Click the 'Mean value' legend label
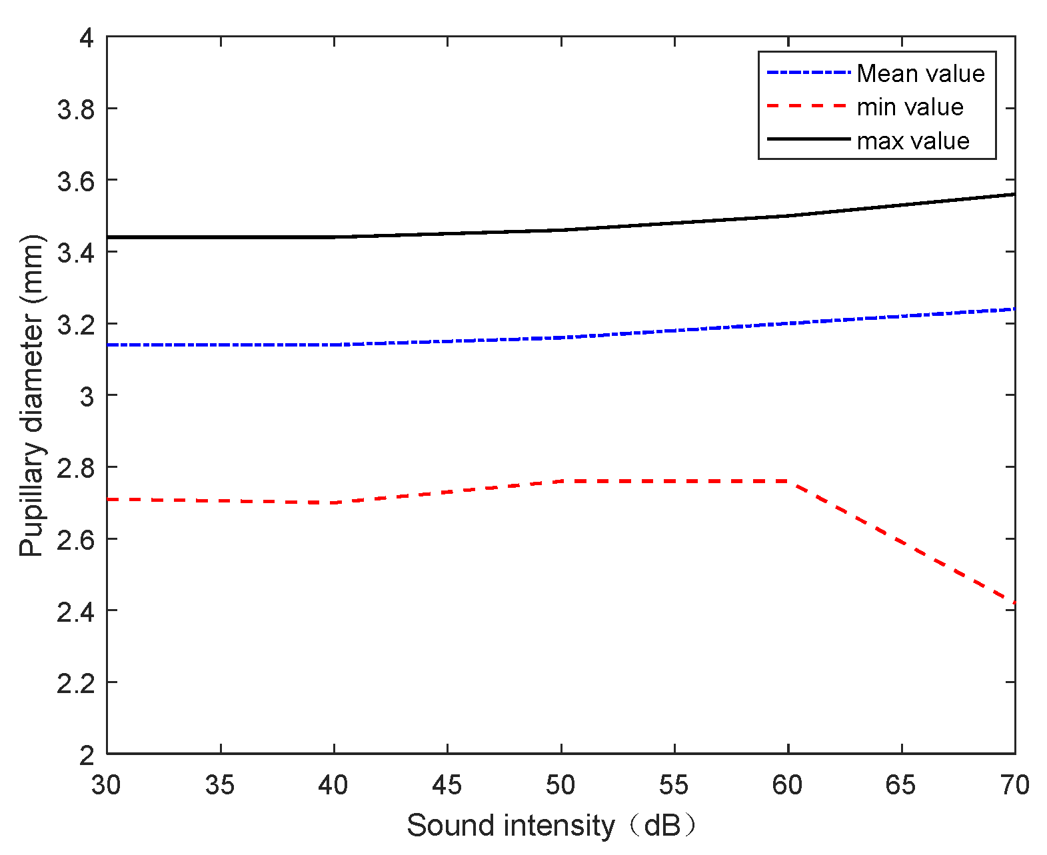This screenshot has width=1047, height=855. pos(920,73)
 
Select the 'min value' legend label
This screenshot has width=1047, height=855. pos(910,107)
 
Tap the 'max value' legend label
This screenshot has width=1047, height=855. pos(913,141)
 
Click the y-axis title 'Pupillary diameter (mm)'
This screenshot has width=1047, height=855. pos(31,395)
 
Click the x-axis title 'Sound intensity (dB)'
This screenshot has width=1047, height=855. pos(552,826)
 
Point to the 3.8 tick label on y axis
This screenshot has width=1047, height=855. pos(75,109)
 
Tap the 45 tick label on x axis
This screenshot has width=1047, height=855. pos(447,786)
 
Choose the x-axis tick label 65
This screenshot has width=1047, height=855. pos(901,786)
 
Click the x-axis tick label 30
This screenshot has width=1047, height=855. pos(107,786)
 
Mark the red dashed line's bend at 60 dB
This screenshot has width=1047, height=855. pos(788,481)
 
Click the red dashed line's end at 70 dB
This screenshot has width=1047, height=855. pos(1014,602)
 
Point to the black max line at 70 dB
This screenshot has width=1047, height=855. pos(1014,195)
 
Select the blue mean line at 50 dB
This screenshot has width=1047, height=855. pos(561,337)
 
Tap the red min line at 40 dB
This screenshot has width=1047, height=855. pos(334,502)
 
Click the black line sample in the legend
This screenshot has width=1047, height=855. pos(808,139)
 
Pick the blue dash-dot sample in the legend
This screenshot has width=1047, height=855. pos(808,72)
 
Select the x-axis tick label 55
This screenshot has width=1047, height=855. pos(674,786)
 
